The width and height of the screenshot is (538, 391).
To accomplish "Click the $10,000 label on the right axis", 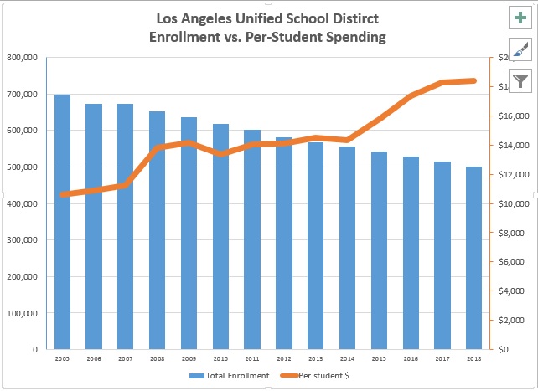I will (511, 204).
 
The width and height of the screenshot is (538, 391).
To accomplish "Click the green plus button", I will (520, 18).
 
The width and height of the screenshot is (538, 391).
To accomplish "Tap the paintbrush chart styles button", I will (520, 49).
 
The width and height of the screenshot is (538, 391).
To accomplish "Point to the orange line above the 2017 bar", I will (442, 82).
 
